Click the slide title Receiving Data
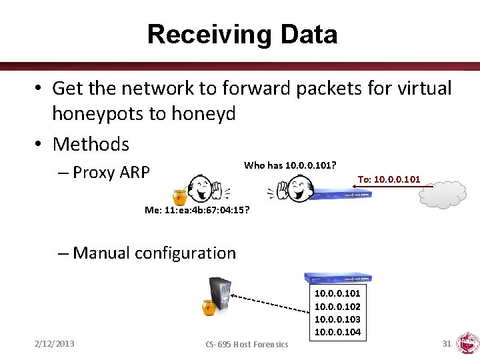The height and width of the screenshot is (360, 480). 242,34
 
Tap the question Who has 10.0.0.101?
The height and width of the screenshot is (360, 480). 289,165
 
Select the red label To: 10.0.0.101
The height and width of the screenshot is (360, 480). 389,179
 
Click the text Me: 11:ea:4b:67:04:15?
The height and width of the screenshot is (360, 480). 197,210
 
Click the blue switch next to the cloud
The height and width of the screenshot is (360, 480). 341,193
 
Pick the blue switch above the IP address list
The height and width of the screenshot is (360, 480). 337,279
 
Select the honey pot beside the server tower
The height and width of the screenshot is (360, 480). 209,307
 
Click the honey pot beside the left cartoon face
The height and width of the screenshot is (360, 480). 179,197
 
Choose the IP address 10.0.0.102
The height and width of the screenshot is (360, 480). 337,307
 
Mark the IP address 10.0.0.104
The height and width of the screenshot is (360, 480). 337,332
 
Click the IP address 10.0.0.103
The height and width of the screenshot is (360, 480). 337,319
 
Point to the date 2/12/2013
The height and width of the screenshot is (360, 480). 55,343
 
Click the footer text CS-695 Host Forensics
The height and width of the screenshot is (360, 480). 247,344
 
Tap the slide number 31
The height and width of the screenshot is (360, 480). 447,343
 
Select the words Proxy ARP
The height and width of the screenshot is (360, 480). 111,173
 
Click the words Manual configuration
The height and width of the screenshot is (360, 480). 154,253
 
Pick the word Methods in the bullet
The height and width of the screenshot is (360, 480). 91,143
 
